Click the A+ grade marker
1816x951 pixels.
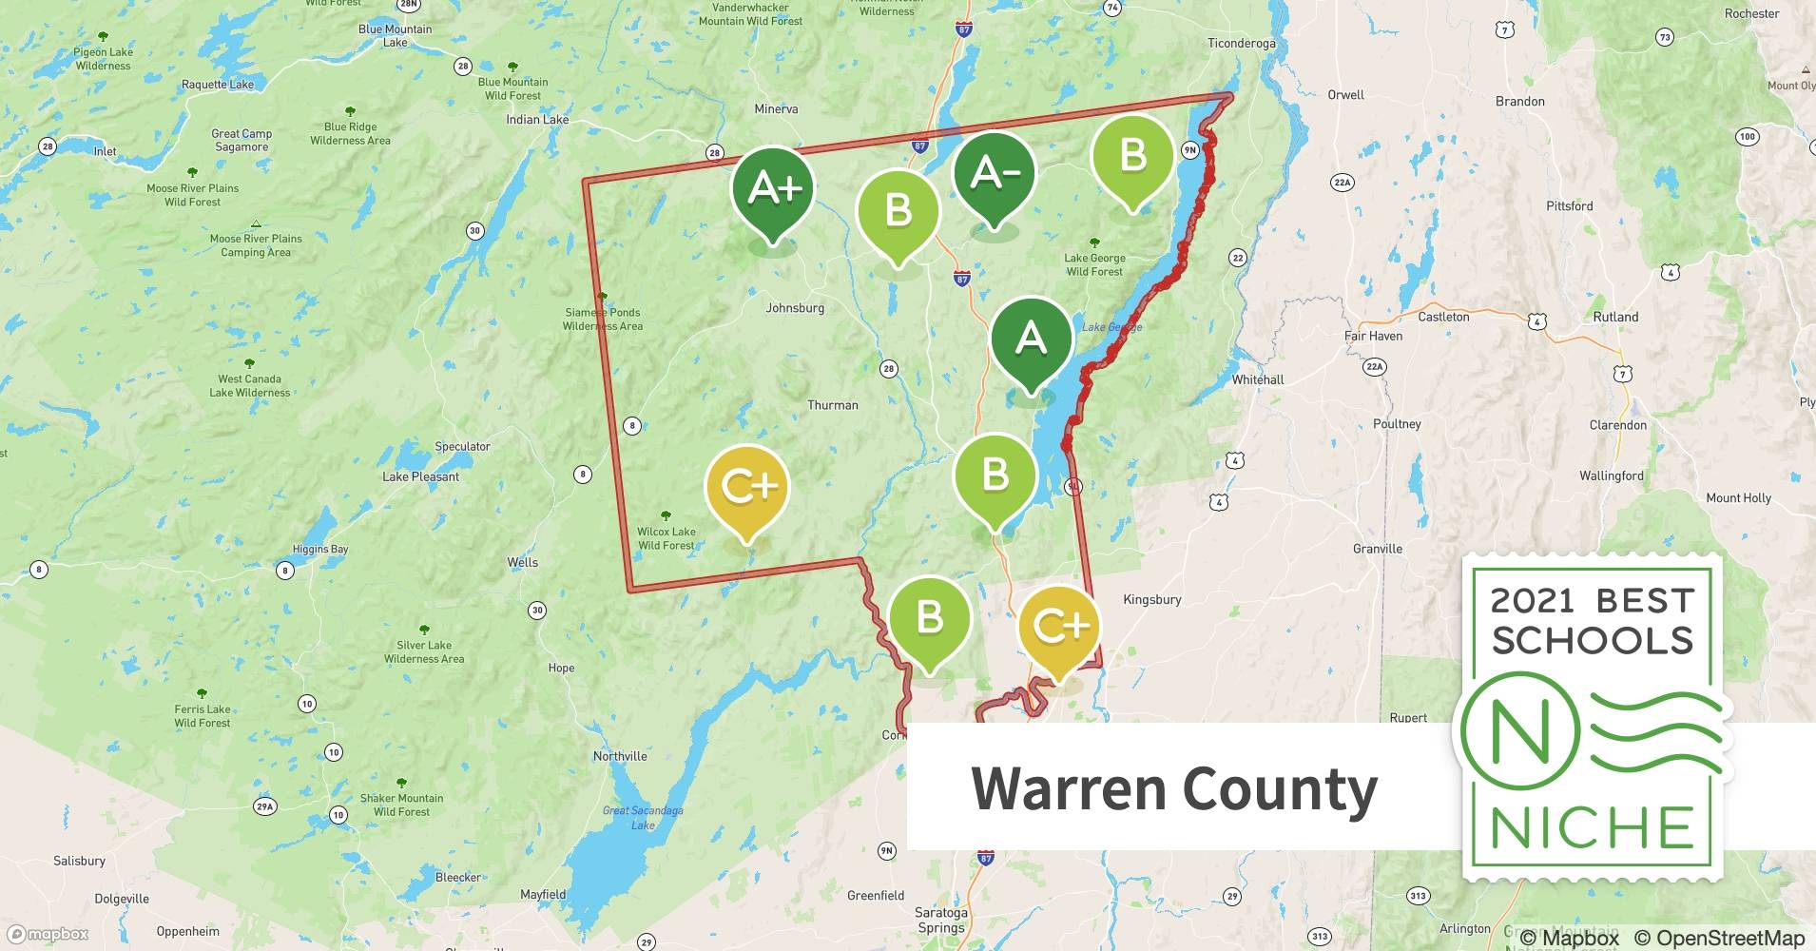click(773, 190)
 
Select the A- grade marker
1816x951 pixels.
click(995, 174)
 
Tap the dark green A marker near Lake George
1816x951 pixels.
click(1031, 340)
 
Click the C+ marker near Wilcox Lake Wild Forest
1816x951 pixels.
click(747, 488)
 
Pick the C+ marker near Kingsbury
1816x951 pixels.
click(1059, 628)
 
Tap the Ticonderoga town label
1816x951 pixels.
click(1241, 44)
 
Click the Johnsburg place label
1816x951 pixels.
click(795, 308)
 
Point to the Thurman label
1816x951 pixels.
click(832, 405)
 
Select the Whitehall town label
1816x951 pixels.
click(1257, 379)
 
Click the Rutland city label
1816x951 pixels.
click(1615, 317)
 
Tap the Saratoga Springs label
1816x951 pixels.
click(940, 920)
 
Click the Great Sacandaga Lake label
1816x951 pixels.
click(643, 818)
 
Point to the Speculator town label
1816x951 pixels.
click(462, 446)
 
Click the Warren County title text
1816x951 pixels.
click(1173, 789)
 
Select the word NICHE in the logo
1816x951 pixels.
click(1592, 827)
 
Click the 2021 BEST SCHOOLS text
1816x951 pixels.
click(1592, 620)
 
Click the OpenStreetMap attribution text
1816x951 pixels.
click(1719, 938)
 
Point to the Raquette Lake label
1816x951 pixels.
click(218, 85)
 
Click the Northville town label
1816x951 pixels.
click(620, 756)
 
